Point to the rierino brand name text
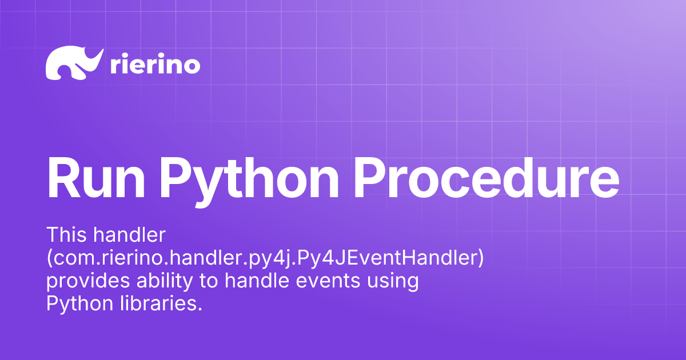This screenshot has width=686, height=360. tap(154, 65)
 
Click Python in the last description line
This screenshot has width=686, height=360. tap(80, 305)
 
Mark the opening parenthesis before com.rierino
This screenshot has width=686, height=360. tap(49, 258)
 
